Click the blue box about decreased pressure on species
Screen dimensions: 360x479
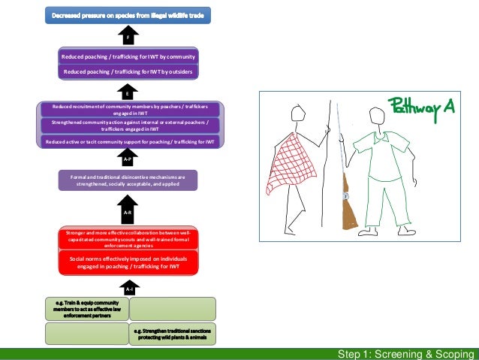point(128,14)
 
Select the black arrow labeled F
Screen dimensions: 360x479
point(128,35)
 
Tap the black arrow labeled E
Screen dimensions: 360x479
point(128,92)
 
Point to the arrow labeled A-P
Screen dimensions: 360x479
point(128,159)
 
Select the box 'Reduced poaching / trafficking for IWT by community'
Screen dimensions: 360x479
point(128,56)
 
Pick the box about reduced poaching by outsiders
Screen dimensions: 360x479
point(128,71)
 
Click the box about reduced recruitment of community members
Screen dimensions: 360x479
point(129,109)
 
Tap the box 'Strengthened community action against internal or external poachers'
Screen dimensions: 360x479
point(129,125)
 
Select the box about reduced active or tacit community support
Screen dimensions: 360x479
point(129,141)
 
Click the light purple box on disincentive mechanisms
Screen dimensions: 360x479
point(128,180)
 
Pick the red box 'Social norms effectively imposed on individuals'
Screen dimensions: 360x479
point(128,262)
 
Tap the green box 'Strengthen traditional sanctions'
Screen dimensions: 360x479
point(173,334)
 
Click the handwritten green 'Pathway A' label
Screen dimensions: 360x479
point(421,106)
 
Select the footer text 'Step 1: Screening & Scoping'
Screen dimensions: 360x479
point(405,354)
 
